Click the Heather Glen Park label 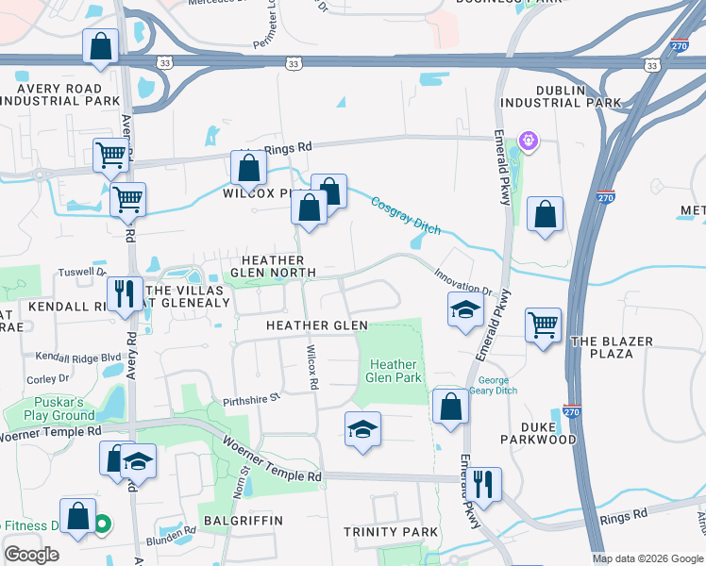394,371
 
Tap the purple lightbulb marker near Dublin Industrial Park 528,141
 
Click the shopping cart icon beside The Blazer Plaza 543,325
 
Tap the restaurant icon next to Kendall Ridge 124,293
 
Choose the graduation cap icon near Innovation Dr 464,309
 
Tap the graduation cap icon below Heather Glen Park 362,429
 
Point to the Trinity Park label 390,532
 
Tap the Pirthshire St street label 252,398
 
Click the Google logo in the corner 32,555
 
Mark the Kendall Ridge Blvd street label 78,358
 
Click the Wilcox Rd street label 311,368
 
